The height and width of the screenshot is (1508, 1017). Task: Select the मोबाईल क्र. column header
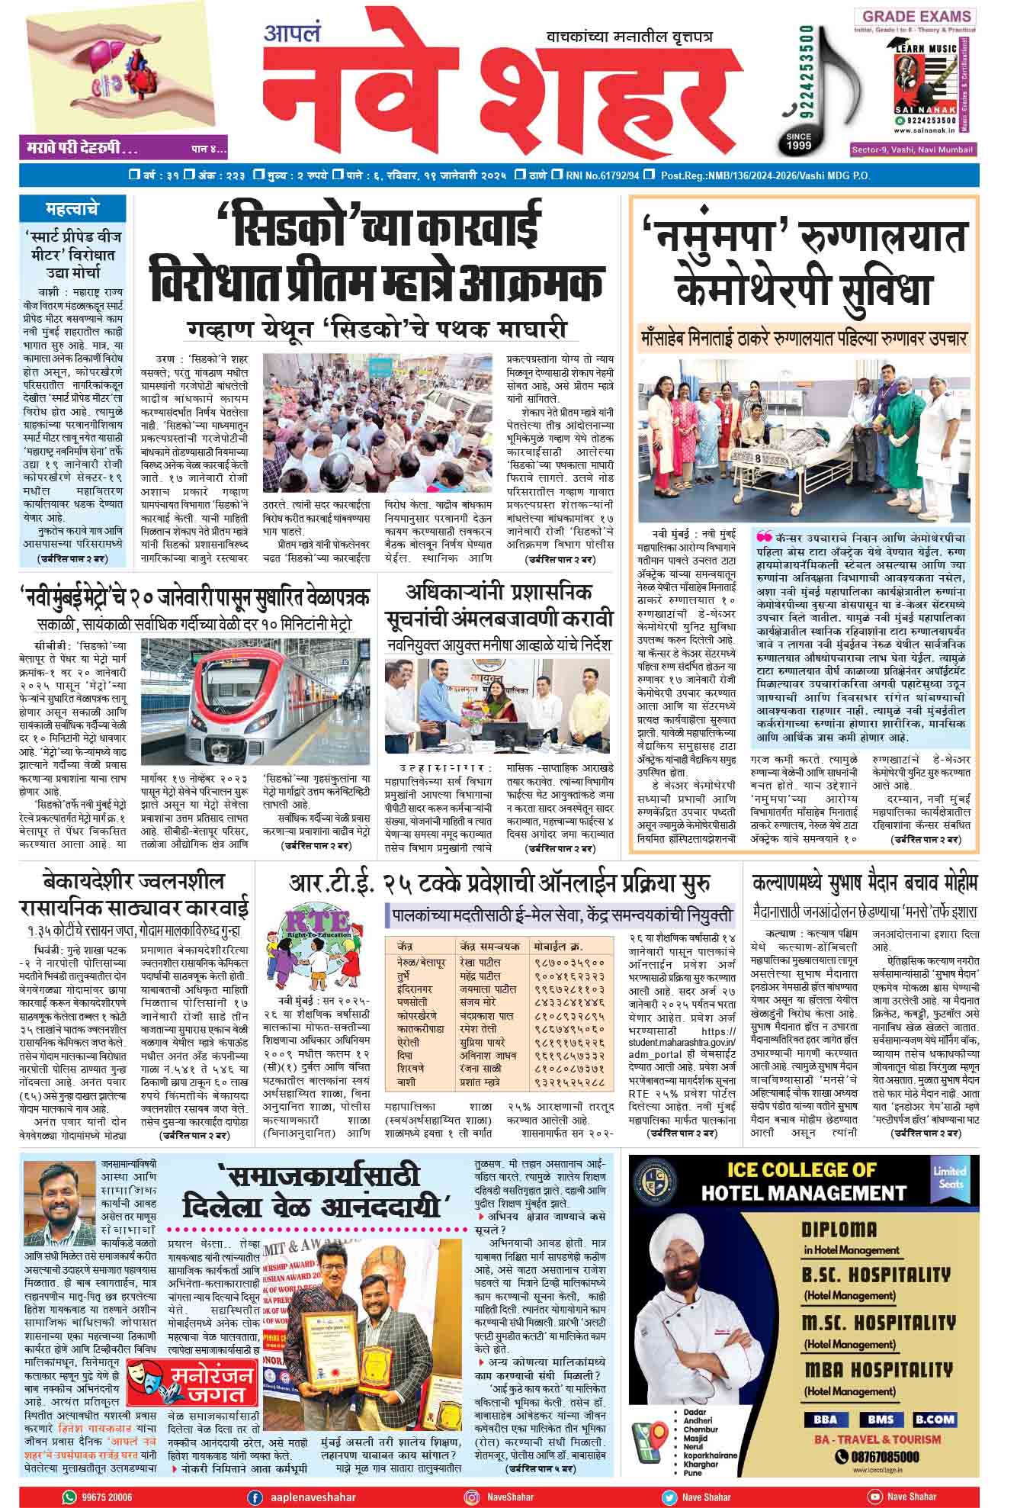(563, 946)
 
